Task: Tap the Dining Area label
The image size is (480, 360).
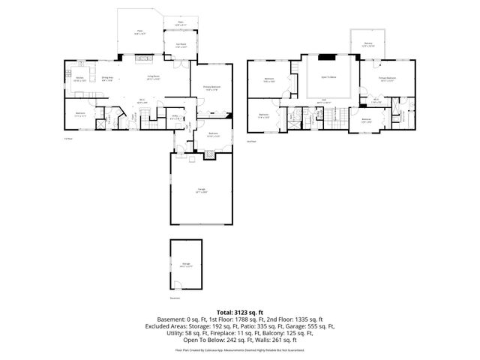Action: click(107, 77)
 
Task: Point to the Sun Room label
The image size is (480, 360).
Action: click(181, 46)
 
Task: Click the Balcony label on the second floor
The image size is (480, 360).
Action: click(367, 45)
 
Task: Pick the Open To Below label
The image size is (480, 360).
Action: click(328, 77)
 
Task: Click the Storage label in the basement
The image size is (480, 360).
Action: click(185, 264)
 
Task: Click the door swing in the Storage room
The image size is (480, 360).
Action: click(180, 283)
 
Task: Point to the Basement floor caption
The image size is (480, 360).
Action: click(175, 298)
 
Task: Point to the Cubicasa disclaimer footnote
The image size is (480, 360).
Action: click(240, 349)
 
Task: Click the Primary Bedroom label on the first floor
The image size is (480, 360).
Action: click(212, 88)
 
